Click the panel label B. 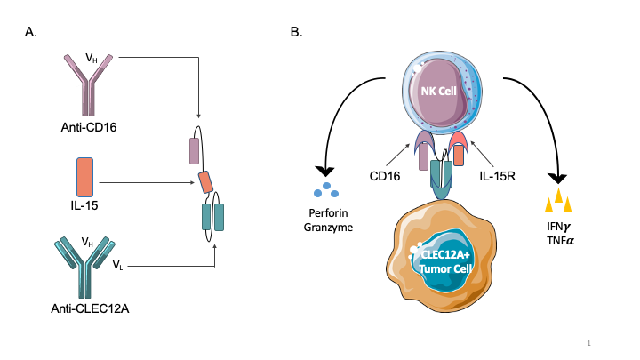coord(297,34)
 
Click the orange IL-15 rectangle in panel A coord(84,176)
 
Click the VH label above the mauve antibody coord(92,59)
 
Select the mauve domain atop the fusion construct coord(195,150)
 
